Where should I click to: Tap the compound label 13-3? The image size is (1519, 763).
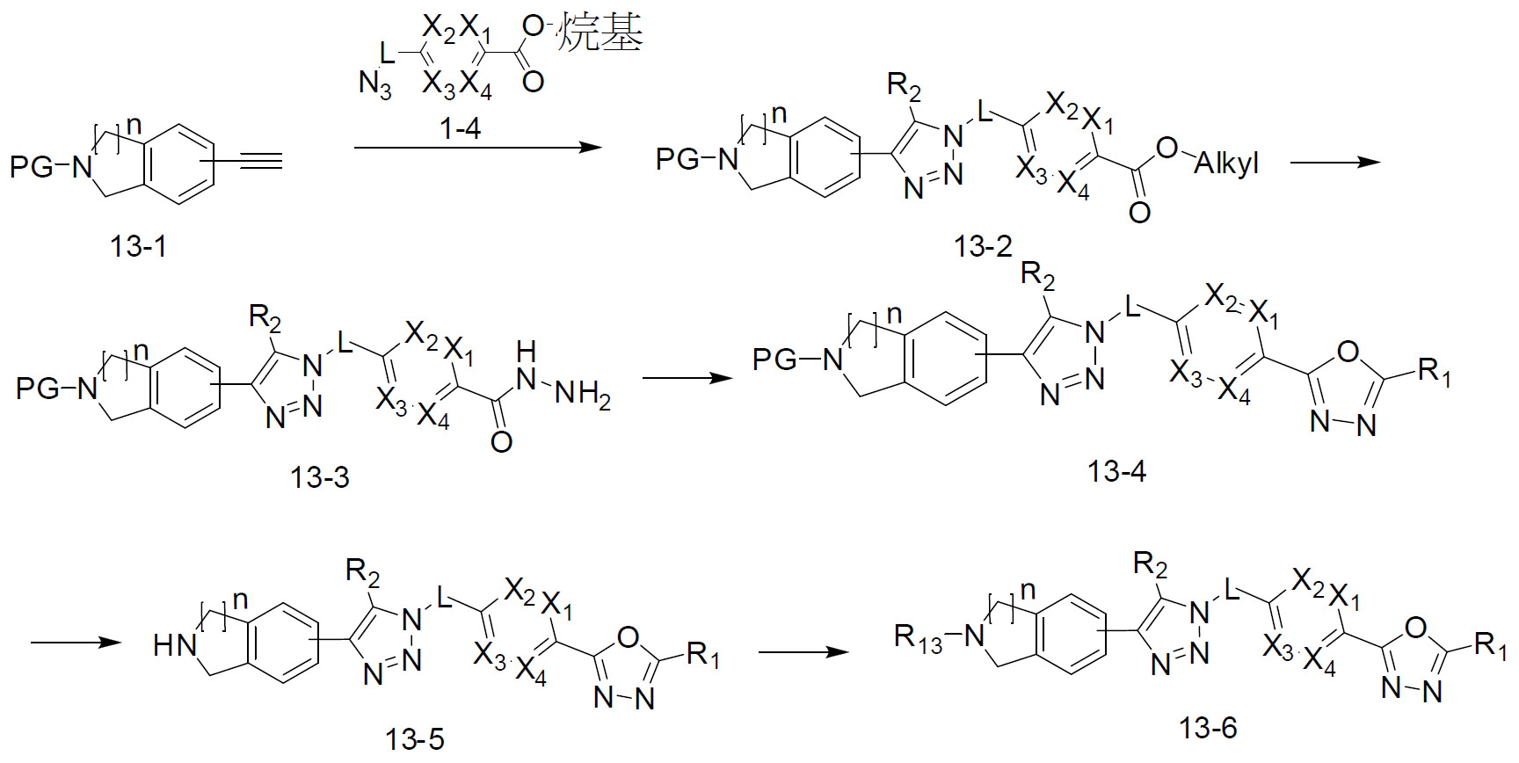pos(319,477)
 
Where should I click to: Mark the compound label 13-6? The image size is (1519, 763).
pos(1209,728)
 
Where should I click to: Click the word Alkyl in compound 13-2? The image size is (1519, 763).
pos(1226,163)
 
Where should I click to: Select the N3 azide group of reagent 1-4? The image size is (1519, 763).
pos(375,87)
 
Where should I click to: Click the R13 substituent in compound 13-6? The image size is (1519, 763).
pos(917,636)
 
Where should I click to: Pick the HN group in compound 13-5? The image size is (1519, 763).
pos(173,647)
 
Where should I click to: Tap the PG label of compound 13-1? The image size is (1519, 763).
pos(33,167)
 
